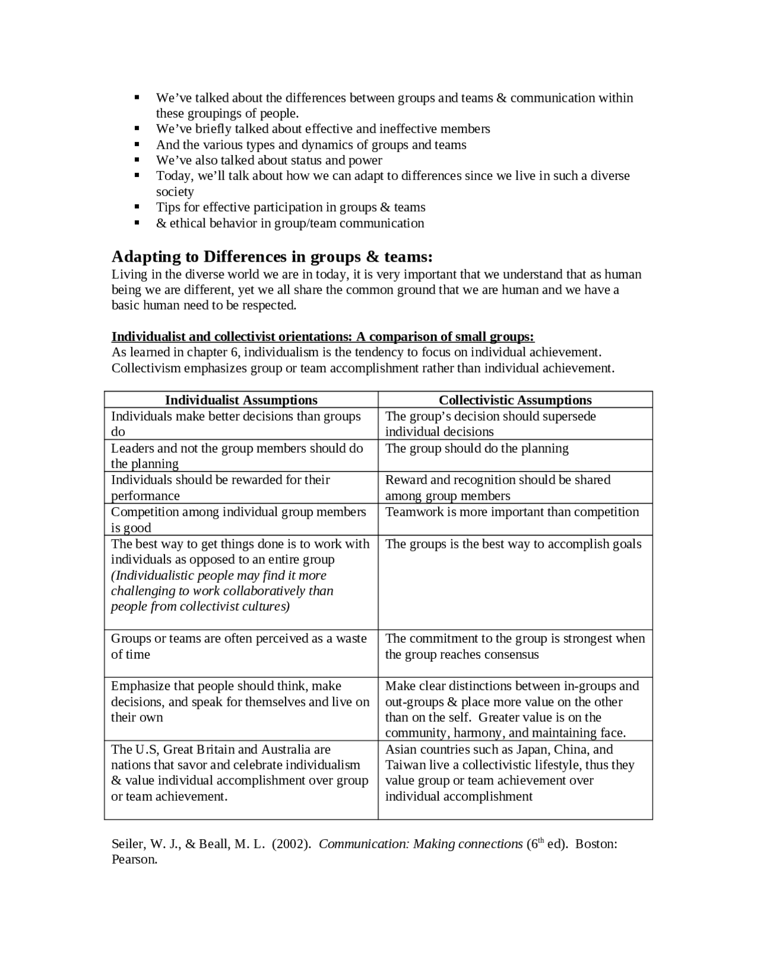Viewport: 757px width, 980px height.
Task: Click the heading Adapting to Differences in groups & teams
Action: (x=272, y=257)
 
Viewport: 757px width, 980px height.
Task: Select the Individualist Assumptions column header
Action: (x=241, y=400)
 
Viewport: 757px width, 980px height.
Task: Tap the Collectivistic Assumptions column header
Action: (x=515, y=400)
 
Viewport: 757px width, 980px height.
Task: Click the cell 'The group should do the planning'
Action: (x=477, y=449)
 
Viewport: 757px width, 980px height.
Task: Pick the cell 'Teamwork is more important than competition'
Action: (x=512, y=512)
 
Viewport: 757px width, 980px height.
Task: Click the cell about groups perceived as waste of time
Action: (x=239, y=646)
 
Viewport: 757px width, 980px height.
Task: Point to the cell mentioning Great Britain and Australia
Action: (x=239, y=772)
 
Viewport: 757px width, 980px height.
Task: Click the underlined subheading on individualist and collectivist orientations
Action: (x=323, y=337)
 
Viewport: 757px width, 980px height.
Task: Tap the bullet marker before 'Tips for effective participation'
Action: (x=137, y=207)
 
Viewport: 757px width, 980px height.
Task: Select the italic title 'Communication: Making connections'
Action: (x=420, y=844)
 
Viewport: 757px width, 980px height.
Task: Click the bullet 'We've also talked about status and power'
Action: (x=269, y=160)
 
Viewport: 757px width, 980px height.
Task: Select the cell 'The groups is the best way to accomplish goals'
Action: (x=513, y=544)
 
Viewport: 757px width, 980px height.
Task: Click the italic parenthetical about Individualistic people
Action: (x=222, y=591)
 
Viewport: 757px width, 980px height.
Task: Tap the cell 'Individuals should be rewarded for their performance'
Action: (x=221, y=488)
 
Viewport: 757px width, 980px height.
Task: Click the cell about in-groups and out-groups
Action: (x=512, y=709)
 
